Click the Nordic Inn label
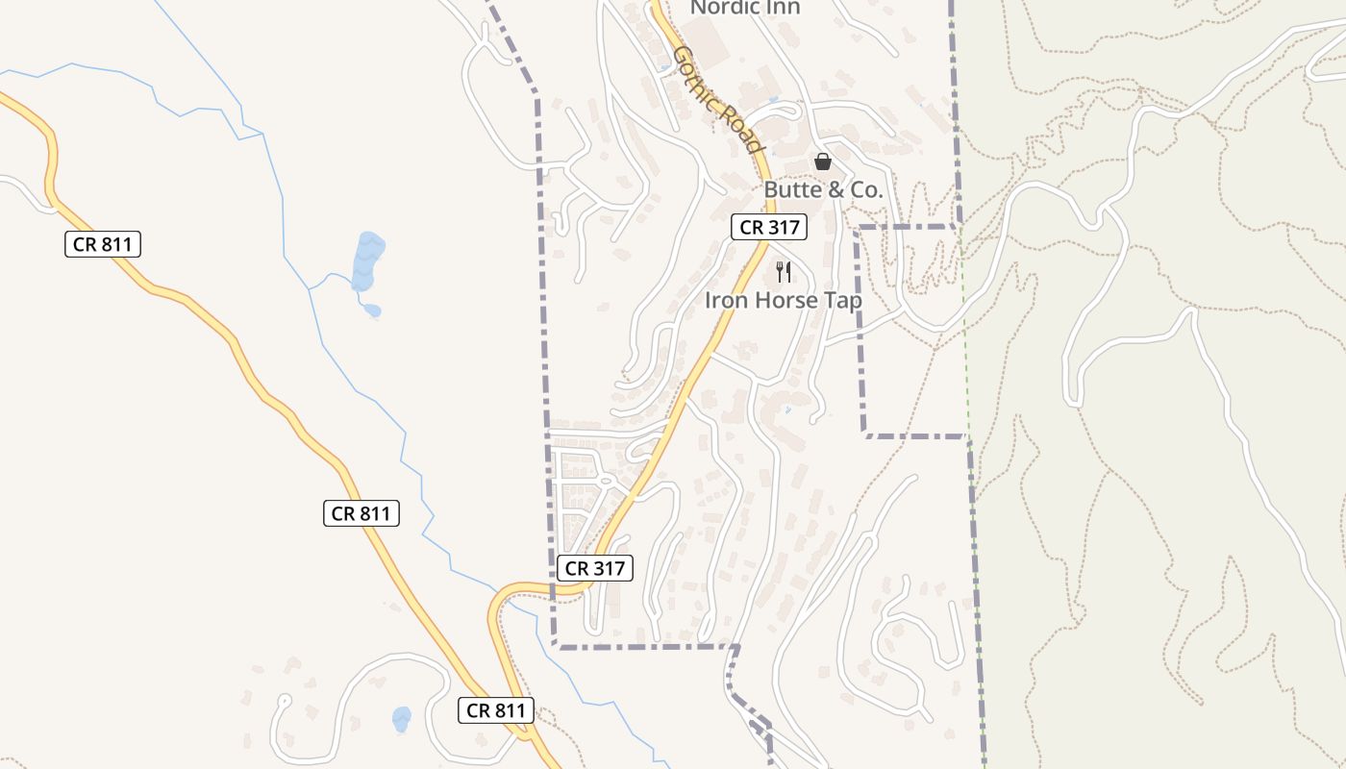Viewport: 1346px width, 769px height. pos(745,7)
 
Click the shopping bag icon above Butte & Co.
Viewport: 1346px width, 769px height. pos(822,161)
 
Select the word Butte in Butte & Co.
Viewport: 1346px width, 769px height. pos(792,190)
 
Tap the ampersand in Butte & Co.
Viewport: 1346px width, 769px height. pos(835,190)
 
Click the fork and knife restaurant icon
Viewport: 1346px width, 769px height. pos(784,272)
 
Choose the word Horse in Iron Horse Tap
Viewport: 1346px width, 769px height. pos(786,300)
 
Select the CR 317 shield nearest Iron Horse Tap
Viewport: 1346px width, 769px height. pos(768,228)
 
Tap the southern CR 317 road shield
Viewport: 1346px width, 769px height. pos(595,568)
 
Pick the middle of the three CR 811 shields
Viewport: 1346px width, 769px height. pos(361,513)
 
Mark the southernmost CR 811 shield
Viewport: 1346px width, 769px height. pos(495,710)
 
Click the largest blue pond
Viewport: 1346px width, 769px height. pos(367,260)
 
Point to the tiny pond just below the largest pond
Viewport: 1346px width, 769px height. pos(371,310)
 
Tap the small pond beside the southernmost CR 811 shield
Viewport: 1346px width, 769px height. pos(402,718)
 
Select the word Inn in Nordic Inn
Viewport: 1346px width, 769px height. pos(785,7)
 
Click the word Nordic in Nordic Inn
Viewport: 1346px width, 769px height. pos(727,7)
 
